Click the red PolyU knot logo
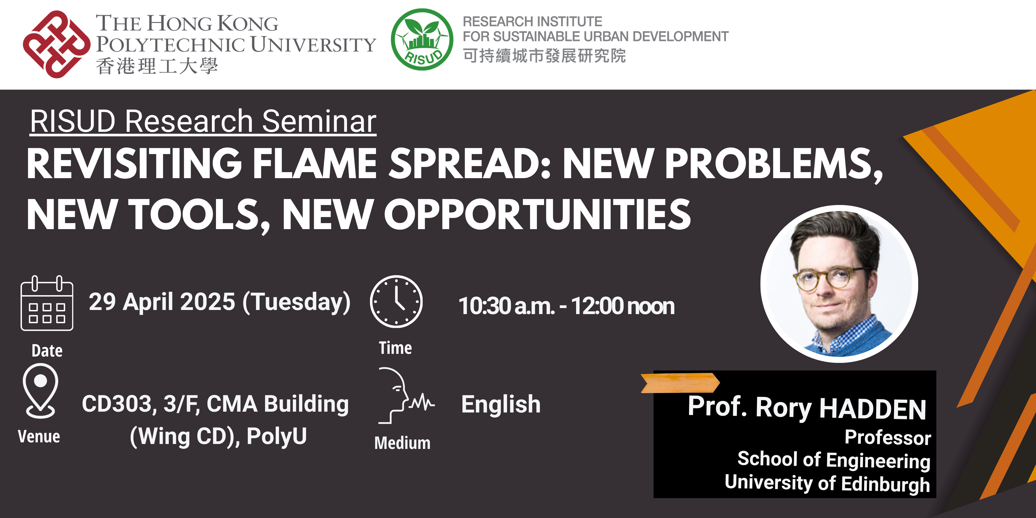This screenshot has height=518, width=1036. click(56, 44)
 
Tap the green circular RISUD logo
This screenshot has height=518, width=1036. click(422, 40)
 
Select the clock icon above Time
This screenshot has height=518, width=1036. click(396, 301)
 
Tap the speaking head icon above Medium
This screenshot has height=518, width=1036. click(404, 396)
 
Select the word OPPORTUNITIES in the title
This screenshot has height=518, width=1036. click(537, 215)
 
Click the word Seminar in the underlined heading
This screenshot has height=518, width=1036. click(319, 121)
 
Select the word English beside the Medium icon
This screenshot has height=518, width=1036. click(501, 404)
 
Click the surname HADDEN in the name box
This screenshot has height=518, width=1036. click(873, 409)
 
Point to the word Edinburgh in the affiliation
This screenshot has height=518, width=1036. click(885, 484)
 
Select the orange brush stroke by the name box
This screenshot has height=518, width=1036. click(680, 382)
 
